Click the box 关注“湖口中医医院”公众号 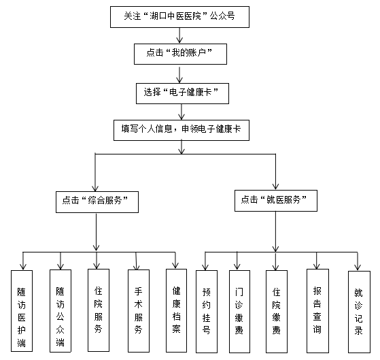[179, 17]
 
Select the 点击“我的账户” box [180, 54]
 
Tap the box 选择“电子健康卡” [182, 93]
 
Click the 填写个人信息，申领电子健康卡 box [182, 130]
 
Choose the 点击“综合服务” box [97, 202]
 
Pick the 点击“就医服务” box [276, 200]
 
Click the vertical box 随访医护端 [22, 311]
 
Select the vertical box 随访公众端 [61, 311]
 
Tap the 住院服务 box [99, 310]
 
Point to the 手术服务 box [139, 311]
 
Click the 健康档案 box [176, 310]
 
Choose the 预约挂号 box [207, 312]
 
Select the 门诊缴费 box [239, 312]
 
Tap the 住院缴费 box [277, 312]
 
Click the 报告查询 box [317, 311]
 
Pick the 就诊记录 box [359, 312]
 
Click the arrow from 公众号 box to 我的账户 [179, 35]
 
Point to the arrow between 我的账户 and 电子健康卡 [179, 75]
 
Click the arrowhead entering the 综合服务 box [95, 189]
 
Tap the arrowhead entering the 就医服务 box [275, 186]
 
